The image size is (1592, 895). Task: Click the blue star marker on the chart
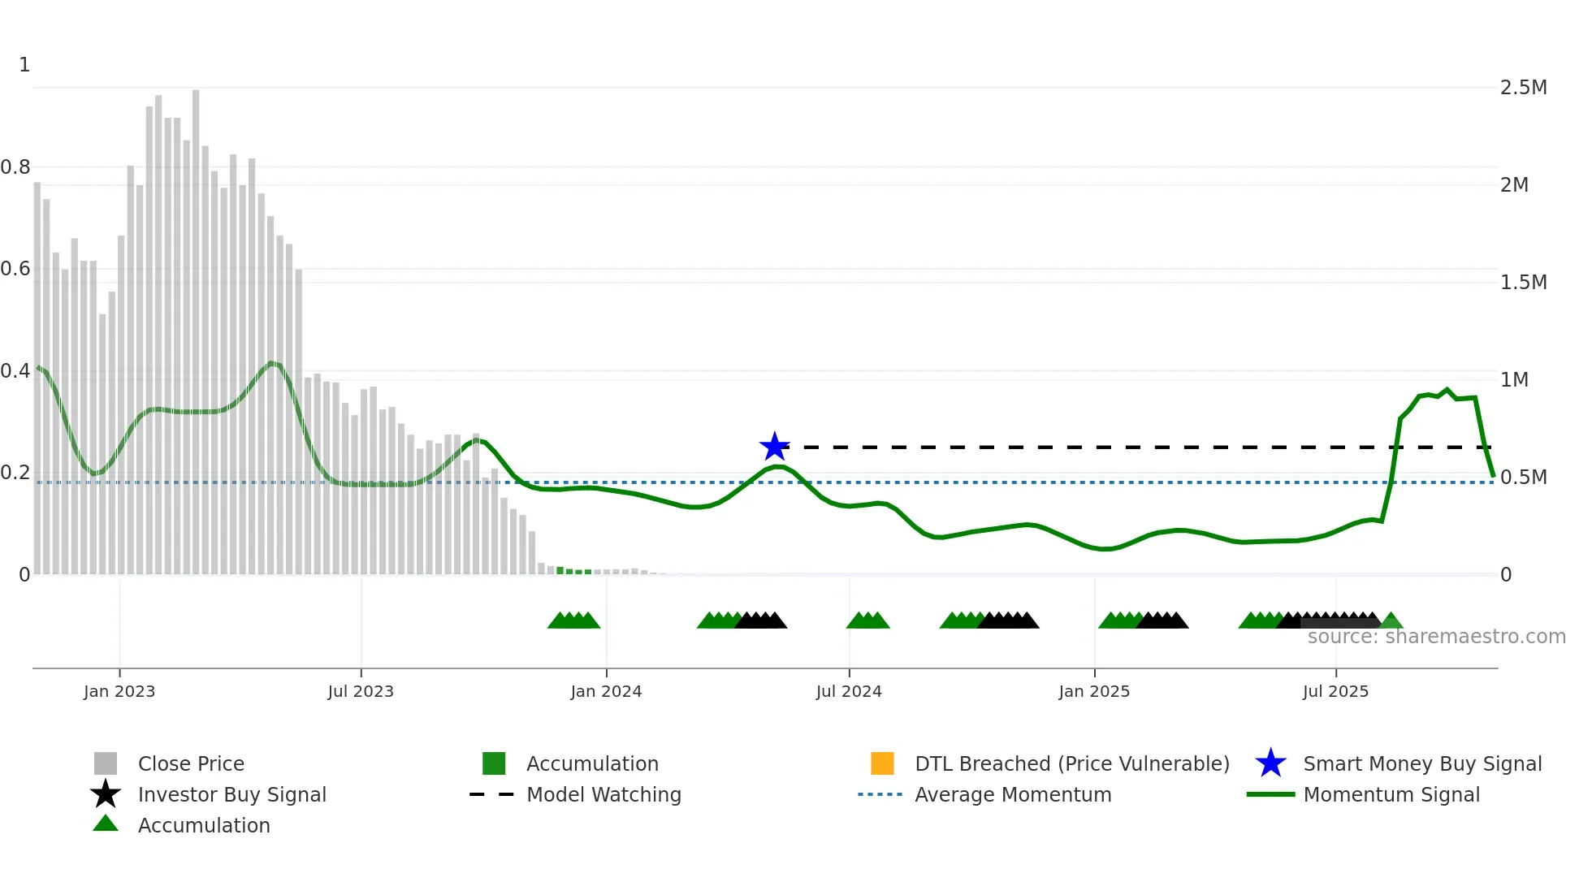[x=774, y=447]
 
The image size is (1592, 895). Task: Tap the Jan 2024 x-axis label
[x=606, y=691]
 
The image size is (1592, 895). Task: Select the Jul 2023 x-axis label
[x=361, y=691]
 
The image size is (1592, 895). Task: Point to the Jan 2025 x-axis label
[x=1094, y=691]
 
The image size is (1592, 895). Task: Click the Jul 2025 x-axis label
[x=1335, y=691]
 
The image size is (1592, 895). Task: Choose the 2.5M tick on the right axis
[x=1523, y=88]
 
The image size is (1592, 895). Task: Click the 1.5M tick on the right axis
[x=1523, y=283]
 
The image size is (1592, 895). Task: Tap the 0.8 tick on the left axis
[x=15, y=167]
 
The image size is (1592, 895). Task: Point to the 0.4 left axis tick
[x=15, y=371]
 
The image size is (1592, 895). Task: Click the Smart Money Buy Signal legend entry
[x=1421, y=763]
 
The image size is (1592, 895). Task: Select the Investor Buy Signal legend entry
[x=231, y=794]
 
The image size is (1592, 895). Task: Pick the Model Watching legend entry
[x=603, y=794]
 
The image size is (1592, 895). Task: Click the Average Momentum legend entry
[x=1013, y=794]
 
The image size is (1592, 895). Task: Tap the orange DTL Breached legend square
[x=882, y=763]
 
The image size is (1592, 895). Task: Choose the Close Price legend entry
[x=191, y=763]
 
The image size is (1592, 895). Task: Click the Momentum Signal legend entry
[x=1391, y=794]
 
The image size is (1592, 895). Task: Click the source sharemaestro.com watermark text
[x=1436, y=637]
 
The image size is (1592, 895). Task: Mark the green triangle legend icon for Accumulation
[x=106, y=824]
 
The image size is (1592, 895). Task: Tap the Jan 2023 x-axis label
[x=119, y=691]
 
